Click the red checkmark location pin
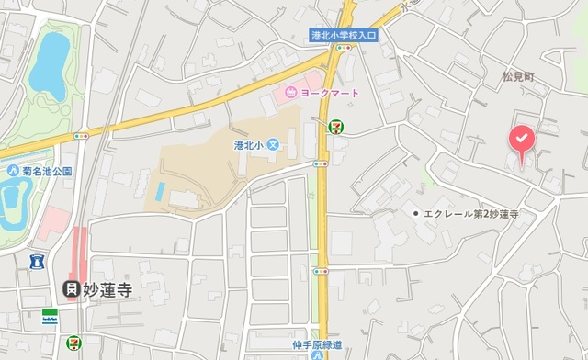tap(521, 139)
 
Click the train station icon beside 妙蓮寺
tap(70, 289)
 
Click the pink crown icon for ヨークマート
tap(291, 91)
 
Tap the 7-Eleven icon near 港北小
tap(336, 125)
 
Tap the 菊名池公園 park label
tap(48, 171)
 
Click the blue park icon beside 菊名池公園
tap(14, 171)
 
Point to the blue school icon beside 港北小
tap(272, 146)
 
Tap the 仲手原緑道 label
tap(317, 345)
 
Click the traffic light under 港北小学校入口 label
tap(351, 48)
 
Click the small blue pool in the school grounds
tap(161, 192)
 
